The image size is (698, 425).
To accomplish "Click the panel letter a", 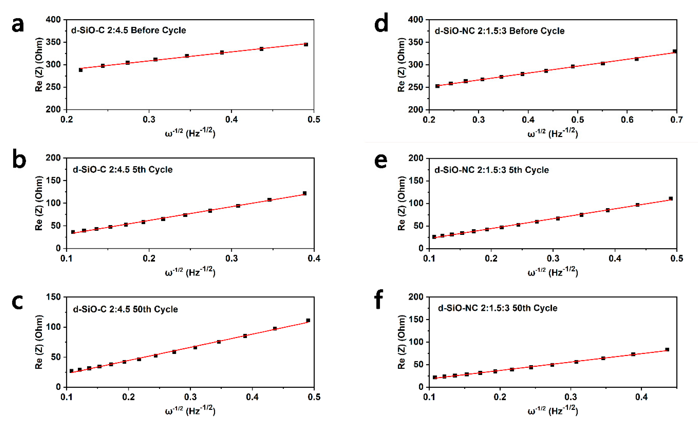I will (x=18, y=25).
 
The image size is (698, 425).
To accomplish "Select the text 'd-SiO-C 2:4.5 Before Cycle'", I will (x=128, y=30).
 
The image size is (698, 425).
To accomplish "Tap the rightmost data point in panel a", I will (x=306, y=44).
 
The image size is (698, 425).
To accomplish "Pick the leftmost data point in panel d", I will (x=437, y=86).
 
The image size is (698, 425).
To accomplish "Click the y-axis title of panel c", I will (x=39, y=342).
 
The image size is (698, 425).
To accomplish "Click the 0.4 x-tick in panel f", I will (x=641, y=397).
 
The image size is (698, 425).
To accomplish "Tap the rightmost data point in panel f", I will (x=667, y=350).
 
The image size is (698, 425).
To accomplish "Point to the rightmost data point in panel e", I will (x=670, y=199).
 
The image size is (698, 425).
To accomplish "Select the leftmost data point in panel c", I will (x=71, y=371).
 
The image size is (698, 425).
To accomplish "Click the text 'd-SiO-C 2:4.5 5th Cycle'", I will (x=123, y=170).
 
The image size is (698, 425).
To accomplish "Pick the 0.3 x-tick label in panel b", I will (x=231, y=258).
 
